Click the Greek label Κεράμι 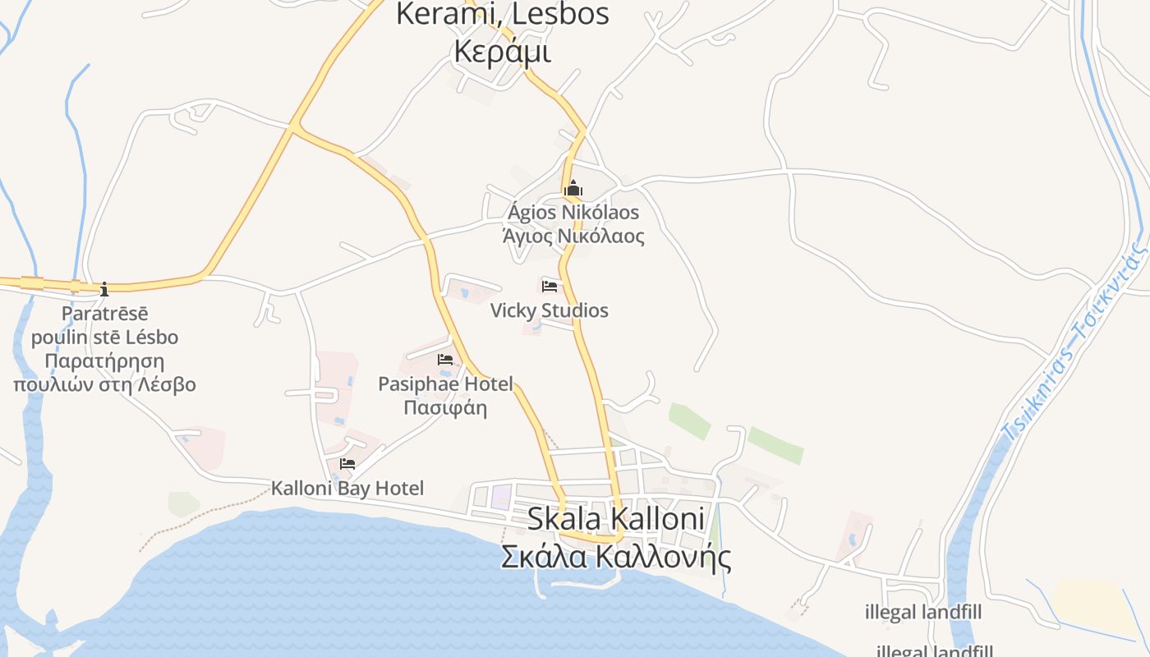pos(502,51)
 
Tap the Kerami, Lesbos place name pos(502,14)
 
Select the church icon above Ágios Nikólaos pos(573,190)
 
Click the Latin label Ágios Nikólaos pos(573,213)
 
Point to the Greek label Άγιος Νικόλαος pos(573,237)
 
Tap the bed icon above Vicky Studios pos(550,287)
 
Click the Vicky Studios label pos(550,310)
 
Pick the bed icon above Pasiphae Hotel pos(445,360)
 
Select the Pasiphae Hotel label pos(445,384)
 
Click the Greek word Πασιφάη pos(445,407)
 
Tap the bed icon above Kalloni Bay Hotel pos(347,464)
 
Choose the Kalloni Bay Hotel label pos(347,489)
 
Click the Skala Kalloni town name pos(616,519)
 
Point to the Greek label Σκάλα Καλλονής pos(616,556)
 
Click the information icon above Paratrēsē pos(104,289)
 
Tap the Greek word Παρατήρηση pos(104,361)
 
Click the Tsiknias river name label pos(1076,345)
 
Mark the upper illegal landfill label pos(923,613)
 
